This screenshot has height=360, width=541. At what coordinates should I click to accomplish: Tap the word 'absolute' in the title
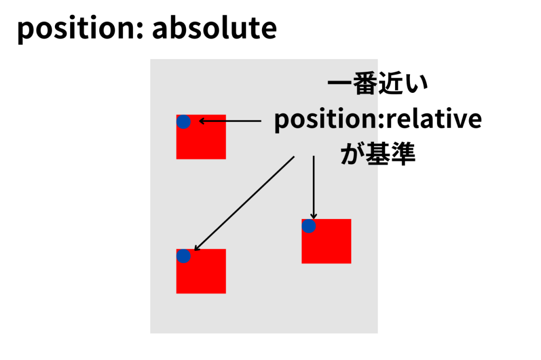214,27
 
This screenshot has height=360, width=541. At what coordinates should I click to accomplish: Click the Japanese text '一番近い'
377,84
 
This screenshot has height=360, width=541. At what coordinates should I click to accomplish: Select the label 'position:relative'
378,119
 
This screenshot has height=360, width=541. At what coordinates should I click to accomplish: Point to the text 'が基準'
378,154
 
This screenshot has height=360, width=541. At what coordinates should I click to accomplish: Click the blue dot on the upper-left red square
183,122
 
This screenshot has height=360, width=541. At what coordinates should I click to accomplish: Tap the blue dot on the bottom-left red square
183,256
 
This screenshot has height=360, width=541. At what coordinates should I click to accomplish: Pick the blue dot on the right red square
309,226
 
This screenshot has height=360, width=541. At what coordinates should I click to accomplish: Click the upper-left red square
201,137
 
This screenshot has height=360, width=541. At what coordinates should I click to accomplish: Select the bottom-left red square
201,271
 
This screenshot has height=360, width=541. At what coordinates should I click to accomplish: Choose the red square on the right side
327,241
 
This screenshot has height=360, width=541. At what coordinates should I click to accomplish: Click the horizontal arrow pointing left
230,121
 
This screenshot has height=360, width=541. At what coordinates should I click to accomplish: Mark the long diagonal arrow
244,203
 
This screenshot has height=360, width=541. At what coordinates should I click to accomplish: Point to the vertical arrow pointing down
314,187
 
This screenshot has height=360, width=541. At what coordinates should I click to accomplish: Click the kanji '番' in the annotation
365,84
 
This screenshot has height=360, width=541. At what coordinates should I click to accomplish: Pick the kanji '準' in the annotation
403,154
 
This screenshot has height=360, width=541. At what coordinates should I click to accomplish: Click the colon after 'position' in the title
139,30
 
